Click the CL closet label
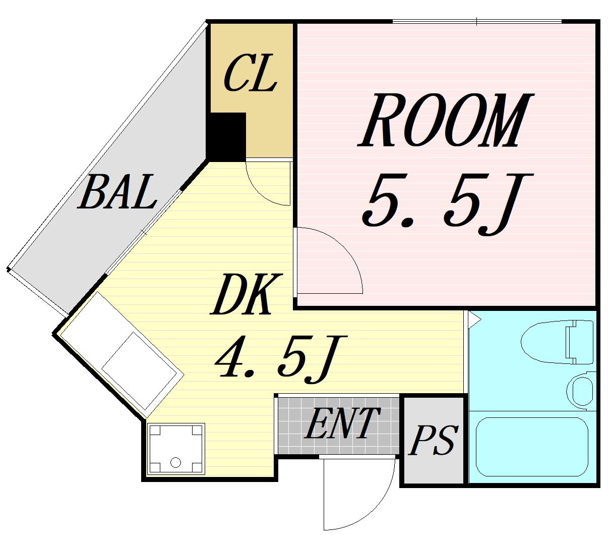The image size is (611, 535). tap(250, 73)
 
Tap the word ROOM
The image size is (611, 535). tap(445, 121)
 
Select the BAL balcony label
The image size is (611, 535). tap(117, 191)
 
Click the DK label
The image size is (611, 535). tap(247, 295)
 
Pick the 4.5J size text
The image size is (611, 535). tap(281, 359)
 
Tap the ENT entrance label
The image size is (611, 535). tap(342, 423)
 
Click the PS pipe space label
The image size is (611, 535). tap(433, 440)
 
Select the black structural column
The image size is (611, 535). tap(226, 137)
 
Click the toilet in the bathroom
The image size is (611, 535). tap(557, 342)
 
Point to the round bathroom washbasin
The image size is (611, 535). tap(580, 390)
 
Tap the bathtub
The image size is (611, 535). tap(532, 447)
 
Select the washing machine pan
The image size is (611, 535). tap(176, 449)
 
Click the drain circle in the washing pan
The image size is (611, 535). tap(175, 463)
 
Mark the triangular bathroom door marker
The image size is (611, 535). tap(474, 320)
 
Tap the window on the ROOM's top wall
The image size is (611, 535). tap(477, 22)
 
